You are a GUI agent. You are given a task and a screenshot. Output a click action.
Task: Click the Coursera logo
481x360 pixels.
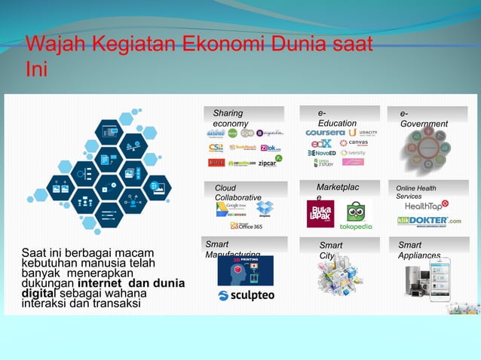(325, 133)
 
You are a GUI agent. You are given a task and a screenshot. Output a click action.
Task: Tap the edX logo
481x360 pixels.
(321, 143)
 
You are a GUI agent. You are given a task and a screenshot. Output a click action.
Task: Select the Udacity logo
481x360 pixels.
(363, 133)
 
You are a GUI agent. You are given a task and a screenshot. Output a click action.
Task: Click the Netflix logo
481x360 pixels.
(216, 162)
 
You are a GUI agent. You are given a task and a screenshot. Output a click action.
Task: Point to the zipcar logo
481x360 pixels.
(267, 162)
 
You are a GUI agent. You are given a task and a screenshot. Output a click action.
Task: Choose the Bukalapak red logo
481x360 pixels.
(320, 213)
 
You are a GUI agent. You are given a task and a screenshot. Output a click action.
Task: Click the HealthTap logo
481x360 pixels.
(427, 205)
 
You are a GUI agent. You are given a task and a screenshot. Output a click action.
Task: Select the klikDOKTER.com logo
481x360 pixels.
(429, 221)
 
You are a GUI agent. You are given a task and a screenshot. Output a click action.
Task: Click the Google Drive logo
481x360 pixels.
(230, 209)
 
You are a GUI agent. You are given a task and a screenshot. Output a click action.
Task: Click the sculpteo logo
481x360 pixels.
(246, 295)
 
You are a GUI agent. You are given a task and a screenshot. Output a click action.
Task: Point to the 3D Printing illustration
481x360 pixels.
(245, 270)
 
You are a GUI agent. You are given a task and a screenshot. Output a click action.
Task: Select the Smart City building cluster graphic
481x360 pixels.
(339, 274)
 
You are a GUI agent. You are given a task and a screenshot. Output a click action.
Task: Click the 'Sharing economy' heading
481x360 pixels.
(229, 118)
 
